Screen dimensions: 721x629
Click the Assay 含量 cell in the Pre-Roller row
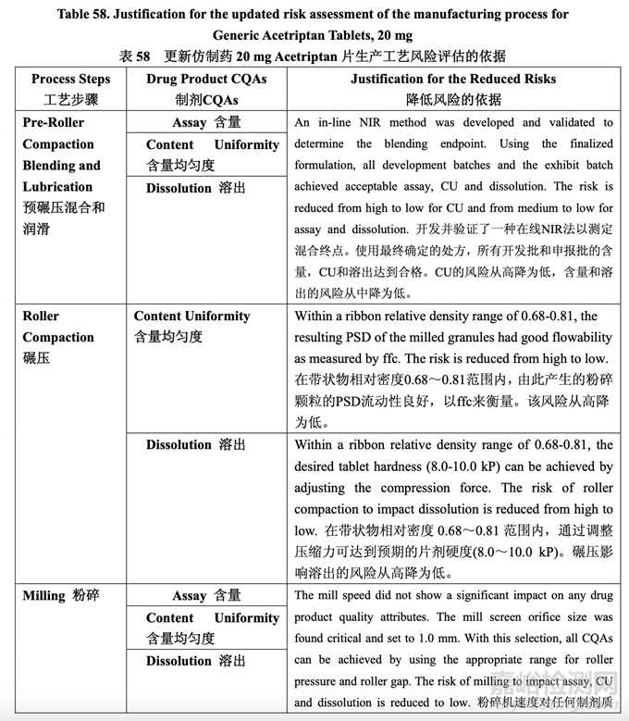206,122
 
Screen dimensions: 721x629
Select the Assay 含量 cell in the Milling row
206,595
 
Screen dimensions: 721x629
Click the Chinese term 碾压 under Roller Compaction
37,358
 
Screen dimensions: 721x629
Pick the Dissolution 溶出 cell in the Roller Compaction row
196,444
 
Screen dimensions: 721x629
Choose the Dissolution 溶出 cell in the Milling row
196,661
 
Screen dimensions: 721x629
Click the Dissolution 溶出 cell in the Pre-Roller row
196,188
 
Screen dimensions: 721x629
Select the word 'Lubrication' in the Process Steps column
57,186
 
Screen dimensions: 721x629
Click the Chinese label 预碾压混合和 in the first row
64,207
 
